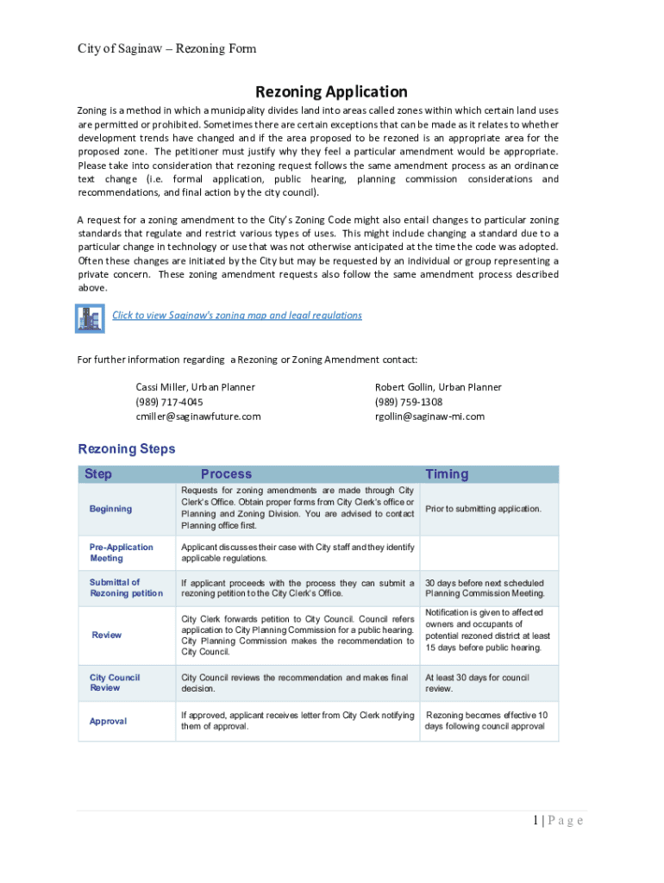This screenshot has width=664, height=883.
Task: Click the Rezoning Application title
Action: coord(331,91)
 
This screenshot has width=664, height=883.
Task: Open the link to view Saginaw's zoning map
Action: coord(237,315)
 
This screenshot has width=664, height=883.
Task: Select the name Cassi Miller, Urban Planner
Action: coord(195,387)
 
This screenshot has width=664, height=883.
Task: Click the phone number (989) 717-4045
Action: coord(170,402)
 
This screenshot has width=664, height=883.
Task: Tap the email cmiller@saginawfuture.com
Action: coord(198,416)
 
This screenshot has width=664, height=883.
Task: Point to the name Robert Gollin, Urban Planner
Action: coord(437,387)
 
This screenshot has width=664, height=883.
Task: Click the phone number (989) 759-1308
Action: coord(409,402)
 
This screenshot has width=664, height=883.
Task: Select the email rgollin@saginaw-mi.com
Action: coord(429,416)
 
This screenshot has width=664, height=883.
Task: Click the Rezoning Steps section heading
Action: coord(127,448)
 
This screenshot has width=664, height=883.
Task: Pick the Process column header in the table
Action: coord(226,473)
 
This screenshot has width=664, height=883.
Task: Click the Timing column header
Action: coord(447,473)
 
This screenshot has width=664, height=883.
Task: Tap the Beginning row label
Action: coord(111,509)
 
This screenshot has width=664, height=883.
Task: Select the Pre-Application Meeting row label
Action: coord(122,553)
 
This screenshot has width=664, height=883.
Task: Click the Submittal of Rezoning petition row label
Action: coord(126,587)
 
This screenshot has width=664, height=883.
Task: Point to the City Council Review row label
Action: coord(115,683)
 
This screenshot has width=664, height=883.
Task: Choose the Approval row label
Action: coord(108,721)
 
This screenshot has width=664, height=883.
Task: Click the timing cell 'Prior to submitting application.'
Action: coord(483,509)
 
